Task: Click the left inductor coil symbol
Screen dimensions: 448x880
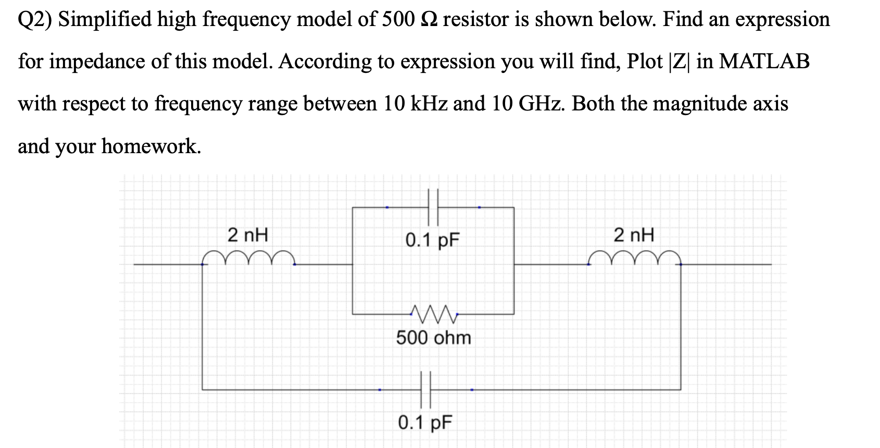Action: coord(249,257)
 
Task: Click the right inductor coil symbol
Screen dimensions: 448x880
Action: coord(635,257)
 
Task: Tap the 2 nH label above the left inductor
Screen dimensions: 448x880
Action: coord(248,235)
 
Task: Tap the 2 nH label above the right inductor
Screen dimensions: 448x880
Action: coord(634,235)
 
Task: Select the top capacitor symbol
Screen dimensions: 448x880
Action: coord(433,207)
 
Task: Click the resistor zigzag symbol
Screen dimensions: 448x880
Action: coord(433,313)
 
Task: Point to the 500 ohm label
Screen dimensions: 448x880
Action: coord(433,338)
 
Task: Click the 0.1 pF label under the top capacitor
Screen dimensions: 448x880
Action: coord(433,240)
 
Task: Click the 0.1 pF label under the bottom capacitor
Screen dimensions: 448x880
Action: coord(425,422)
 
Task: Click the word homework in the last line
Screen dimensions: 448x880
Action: coord(150,146)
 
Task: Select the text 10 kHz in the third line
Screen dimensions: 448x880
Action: coord(415,104)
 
